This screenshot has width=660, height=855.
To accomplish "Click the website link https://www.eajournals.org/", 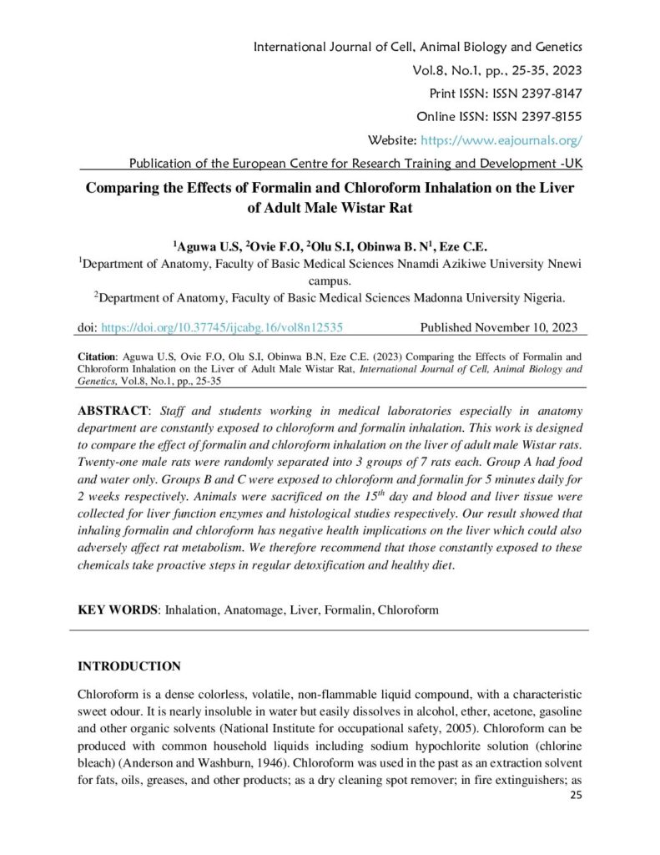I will [501, 139].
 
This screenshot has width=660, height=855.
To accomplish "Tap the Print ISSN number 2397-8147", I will [552, 93].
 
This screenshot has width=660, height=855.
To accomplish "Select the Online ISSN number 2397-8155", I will [552, 116].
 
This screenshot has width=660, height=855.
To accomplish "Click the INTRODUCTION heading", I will [129, 666].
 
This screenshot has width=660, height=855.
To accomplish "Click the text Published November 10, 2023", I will [498, 328].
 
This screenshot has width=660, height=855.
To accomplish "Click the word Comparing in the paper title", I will [127, 187].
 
